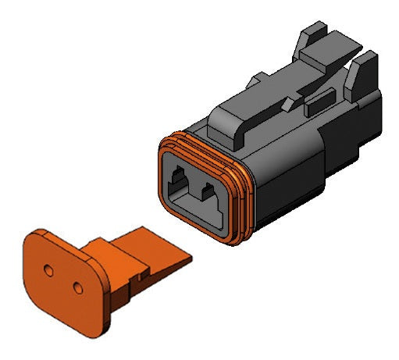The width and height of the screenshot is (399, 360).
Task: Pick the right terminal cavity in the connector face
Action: (210, 191)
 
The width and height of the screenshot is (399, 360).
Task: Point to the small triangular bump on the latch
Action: (288, 102)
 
